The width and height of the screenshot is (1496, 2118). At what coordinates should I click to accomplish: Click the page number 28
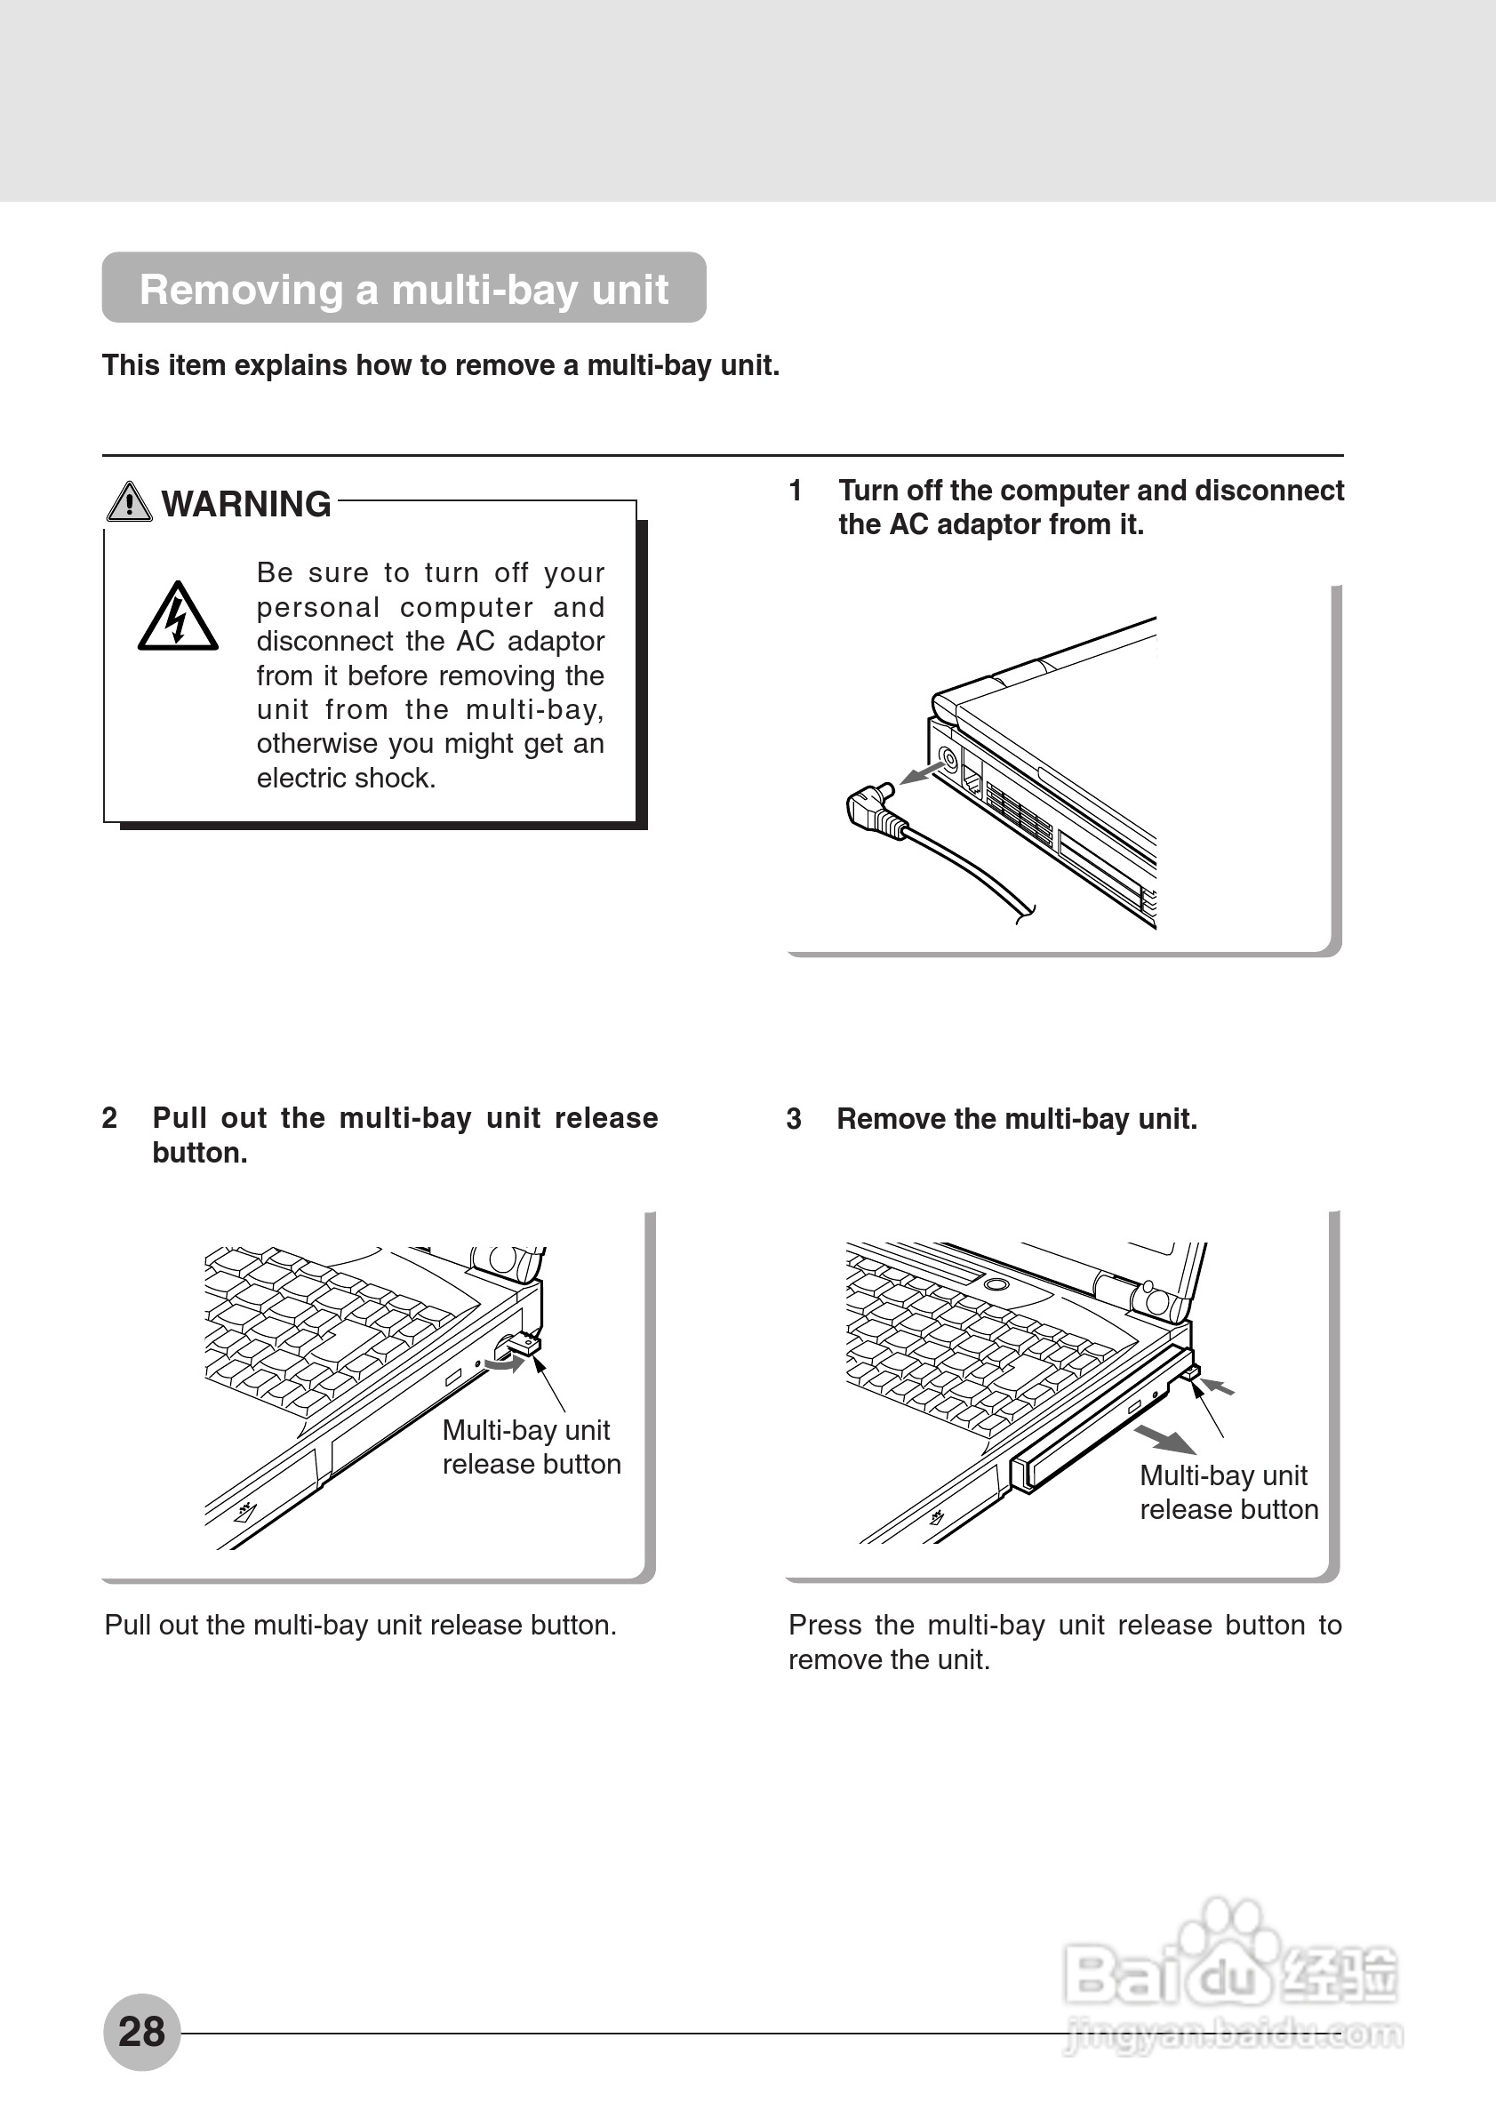tap(141, 2031)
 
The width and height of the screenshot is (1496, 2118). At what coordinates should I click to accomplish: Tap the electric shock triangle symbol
tap(177, 617)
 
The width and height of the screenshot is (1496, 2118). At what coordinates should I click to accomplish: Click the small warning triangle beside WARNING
tap(129, 503)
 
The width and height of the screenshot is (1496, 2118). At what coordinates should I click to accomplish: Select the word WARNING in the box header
tap(246, 505)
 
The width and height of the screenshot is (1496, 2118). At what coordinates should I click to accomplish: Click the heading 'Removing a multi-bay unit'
tap(403, 289)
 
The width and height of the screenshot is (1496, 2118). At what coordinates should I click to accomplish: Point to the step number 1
tap(795, 491)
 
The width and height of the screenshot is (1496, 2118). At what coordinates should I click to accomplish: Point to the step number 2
tap(109, 1118)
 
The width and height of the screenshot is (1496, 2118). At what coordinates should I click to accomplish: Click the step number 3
tap(793, 1119)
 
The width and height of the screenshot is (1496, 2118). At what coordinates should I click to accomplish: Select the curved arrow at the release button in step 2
tap(506, 1363)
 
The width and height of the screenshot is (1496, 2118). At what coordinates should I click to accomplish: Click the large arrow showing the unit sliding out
tap(1164, 1439)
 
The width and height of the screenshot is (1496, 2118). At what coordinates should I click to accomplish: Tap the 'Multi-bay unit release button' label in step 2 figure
tap(532, 1446)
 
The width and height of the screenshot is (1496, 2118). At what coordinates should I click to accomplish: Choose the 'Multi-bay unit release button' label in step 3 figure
tap(1228, 1491)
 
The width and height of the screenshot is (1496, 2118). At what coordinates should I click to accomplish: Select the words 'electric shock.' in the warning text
tap(346, 779)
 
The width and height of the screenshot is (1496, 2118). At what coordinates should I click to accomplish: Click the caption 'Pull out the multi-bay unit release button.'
tap(361, 1625)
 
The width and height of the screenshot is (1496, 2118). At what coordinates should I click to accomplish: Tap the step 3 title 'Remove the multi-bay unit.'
tap(1016, 1119)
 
